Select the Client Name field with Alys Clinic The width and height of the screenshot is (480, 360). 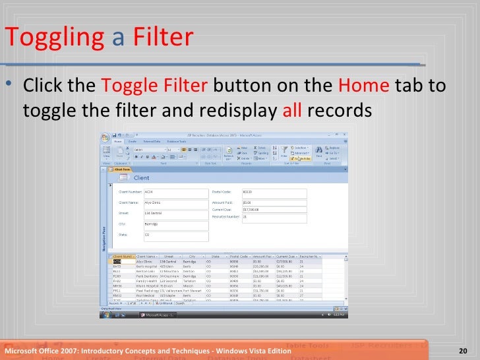[175, 203]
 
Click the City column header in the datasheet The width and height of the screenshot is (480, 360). [192, 256]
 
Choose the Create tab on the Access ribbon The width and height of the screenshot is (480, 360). [132, 141]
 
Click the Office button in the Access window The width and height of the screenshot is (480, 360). [105, 138]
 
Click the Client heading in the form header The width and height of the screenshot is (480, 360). [142, 178]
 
